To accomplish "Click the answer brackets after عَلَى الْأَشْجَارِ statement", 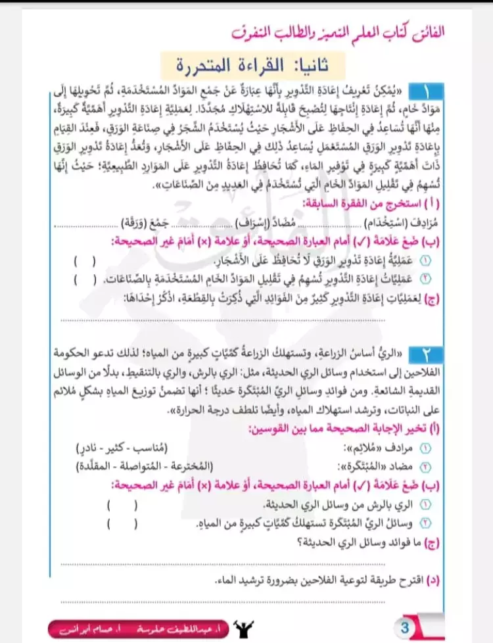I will click(86, 261).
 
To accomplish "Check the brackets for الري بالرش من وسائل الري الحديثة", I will click(122, 505).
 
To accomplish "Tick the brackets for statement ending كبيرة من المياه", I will click(122, 524).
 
